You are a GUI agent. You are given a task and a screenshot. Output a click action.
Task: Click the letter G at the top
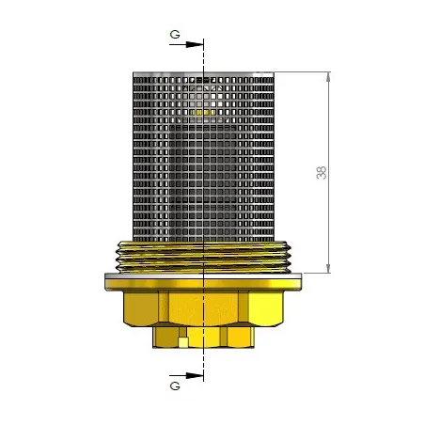175,34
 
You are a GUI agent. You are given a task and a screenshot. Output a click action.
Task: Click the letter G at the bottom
175,386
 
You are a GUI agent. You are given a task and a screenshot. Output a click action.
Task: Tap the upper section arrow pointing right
186,44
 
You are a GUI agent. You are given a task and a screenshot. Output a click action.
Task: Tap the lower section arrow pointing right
186,375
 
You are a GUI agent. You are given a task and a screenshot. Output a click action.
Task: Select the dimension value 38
322,173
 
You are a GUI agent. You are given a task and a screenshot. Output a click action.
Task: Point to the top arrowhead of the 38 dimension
328,77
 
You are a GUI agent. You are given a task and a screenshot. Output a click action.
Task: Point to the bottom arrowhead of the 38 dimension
328,268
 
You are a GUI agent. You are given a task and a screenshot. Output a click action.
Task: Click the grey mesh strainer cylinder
203,157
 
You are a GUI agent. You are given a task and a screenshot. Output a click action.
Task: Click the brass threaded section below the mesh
203,257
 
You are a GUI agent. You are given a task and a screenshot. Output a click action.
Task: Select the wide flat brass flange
203,282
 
